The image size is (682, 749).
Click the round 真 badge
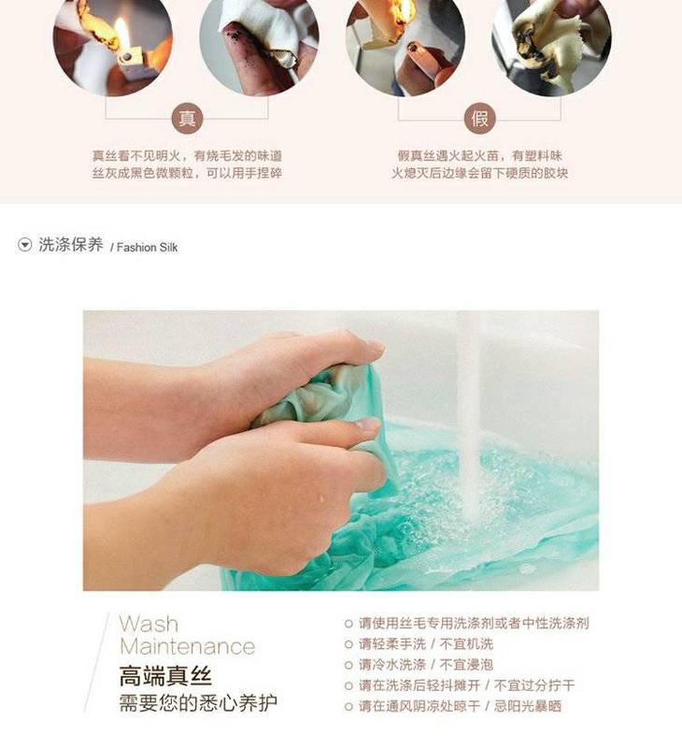click(x=187, y=118)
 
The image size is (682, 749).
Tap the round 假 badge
click(x=479, y=118)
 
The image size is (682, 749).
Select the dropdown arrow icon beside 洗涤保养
click(x=24, y=245)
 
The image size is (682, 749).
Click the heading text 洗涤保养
click(x=71, y=245)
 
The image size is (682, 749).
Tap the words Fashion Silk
click(x=147, y=248)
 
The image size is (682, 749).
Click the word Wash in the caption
click(x=149, y=624)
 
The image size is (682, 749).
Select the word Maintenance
click(x=187, y=646)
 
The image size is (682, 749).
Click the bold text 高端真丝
click(x=165, y=676)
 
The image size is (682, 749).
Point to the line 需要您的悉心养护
click(x=198, y=702)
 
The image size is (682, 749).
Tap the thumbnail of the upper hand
click(x=375, y=346)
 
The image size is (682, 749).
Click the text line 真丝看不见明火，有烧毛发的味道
click(x=187, y=156)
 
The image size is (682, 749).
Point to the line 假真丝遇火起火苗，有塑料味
click(x=479, y=156)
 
